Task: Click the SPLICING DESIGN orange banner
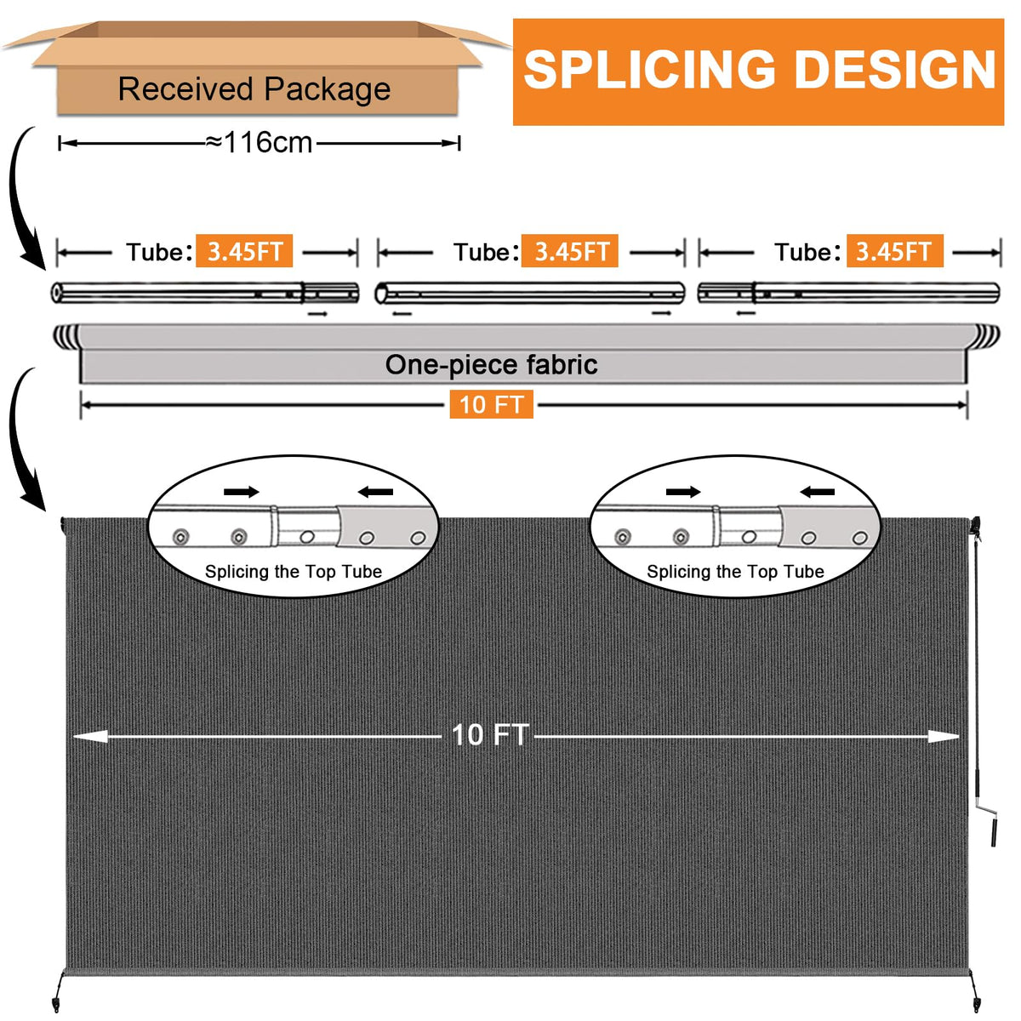[758, 72]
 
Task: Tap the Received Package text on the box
[254, 88]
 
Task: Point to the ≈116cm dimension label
[259, 142]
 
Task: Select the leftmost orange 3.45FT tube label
[244, 251]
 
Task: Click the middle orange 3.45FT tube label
[569, 251]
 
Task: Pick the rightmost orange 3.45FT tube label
[895, 251]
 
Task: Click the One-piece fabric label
[491, 365]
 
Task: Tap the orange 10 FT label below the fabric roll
[491, 404]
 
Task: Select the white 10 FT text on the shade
[490, 735]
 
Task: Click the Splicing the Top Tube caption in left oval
[294, 571]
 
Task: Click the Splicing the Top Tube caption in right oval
[735, 571]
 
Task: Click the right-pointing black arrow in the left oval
[242, 493]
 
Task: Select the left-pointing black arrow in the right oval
[817, 493]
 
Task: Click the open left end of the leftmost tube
[57, 293]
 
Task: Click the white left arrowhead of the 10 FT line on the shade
[90, 737]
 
